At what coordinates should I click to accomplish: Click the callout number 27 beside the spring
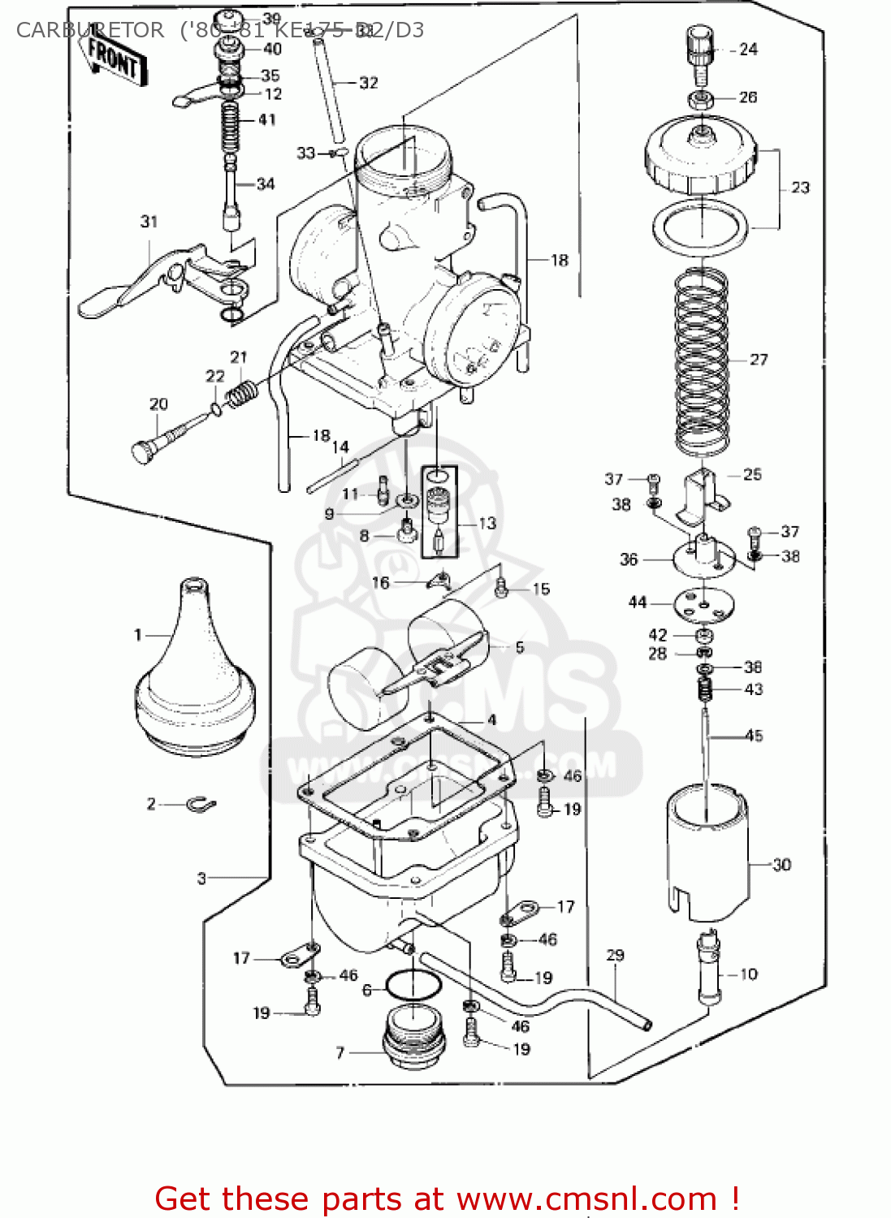(759, 360)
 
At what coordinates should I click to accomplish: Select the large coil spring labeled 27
(702, 361)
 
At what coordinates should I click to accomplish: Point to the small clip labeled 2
(200, 805)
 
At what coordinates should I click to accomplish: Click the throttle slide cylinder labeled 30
(707, 853)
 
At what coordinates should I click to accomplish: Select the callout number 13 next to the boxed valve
(487, 524)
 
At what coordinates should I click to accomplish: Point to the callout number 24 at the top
(749, 50)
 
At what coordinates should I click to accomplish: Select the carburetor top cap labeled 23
(700, 158)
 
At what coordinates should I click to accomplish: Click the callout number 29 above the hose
(616, 955)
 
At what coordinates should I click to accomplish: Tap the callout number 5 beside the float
(520, 647)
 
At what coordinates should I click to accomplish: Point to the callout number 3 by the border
(201, 878)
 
